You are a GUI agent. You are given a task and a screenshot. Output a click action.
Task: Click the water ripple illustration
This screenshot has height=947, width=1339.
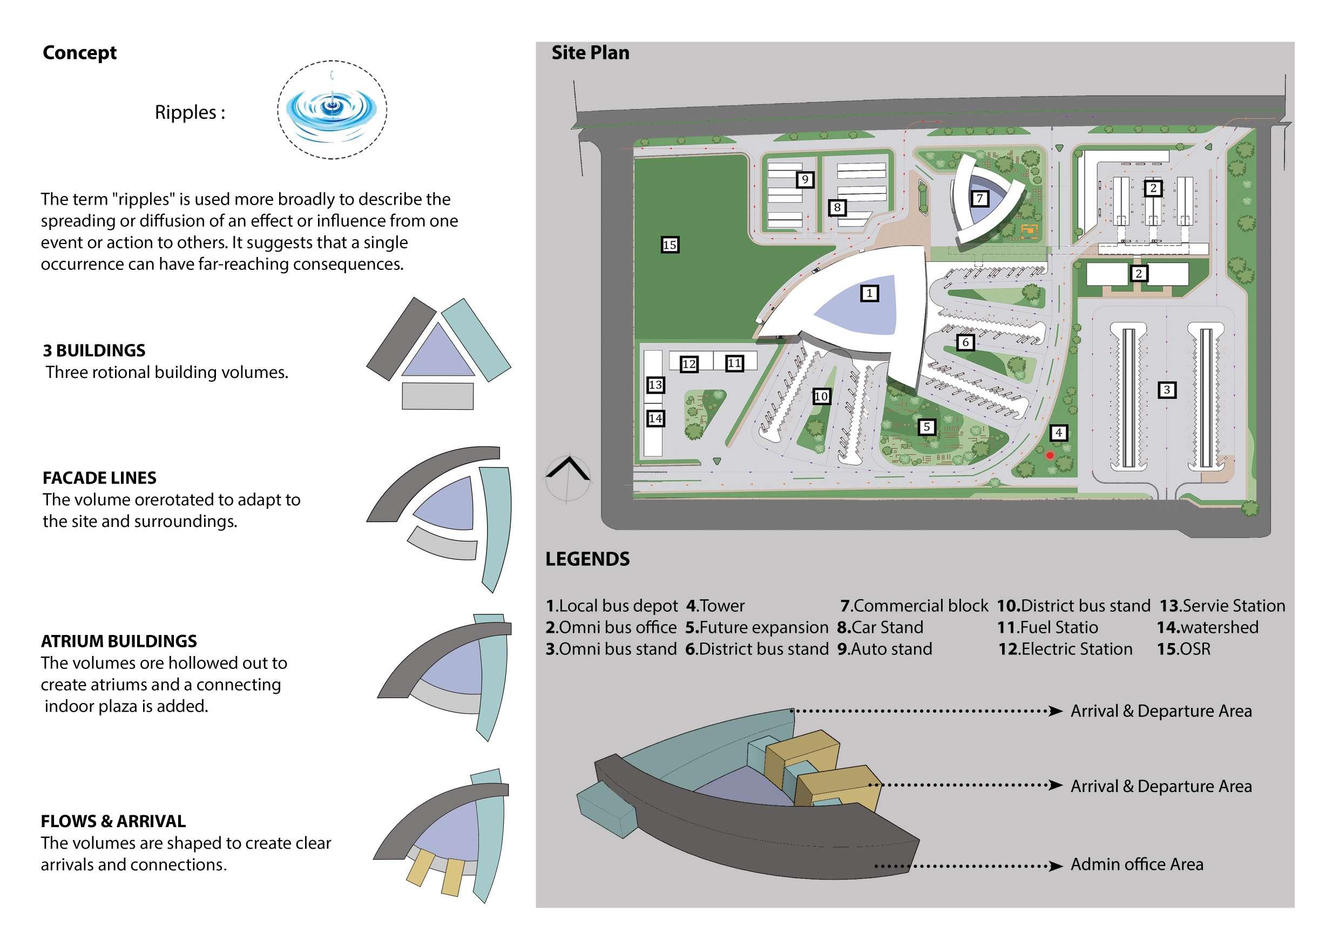click(x=332, y=109)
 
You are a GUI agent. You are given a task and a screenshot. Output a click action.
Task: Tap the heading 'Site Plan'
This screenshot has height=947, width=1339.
click(x=590, y=53)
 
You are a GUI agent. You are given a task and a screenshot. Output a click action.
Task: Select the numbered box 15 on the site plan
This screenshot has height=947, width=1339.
click(x=669, y=245)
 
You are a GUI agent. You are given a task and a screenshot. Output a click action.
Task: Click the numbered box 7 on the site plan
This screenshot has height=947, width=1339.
click(x=980, y=198)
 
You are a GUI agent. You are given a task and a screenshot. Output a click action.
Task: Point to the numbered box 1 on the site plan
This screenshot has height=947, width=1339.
click(x=869, y=293)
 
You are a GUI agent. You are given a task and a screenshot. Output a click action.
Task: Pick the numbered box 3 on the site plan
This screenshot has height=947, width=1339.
click(x=1166, y=390)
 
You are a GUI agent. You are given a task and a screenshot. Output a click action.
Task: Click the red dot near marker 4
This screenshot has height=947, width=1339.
click(x=1050, y=455)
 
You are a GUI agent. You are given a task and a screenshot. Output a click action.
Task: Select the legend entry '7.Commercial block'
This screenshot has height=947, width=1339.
click(x=914, y=606)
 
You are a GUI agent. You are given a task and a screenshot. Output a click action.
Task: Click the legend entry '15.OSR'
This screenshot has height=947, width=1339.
click(x=1184, y=649)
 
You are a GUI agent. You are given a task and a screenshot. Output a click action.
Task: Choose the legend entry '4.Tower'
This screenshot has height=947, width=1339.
click(x=715, y=606)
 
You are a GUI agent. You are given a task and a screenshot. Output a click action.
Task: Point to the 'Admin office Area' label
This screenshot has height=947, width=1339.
click(x=1137, y=864)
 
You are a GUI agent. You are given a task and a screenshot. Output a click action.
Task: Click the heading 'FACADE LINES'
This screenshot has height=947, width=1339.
click(x=99, y=478)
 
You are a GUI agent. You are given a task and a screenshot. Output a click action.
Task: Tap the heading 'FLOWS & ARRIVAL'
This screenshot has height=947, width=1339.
click(x=113, y=821)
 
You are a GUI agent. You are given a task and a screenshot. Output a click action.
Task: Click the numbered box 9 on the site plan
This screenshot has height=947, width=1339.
click(x=805, y=179)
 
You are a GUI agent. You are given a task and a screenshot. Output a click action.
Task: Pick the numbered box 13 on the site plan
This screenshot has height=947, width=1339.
click(x=655, y=385)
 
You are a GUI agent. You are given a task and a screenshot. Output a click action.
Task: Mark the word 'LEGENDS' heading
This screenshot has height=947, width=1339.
click(x=587, y=559)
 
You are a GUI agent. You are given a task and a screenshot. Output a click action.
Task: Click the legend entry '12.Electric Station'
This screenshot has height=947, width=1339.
click(x=1065, y=649)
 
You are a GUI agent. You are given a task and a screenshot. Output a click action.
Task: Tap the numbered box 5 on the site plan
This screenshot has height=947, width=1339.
click(x=927, y=427)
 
